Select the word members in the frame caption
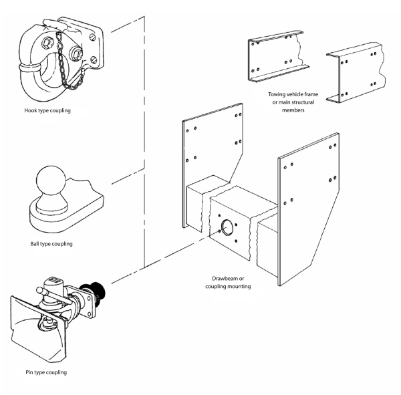click(292, 111)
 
